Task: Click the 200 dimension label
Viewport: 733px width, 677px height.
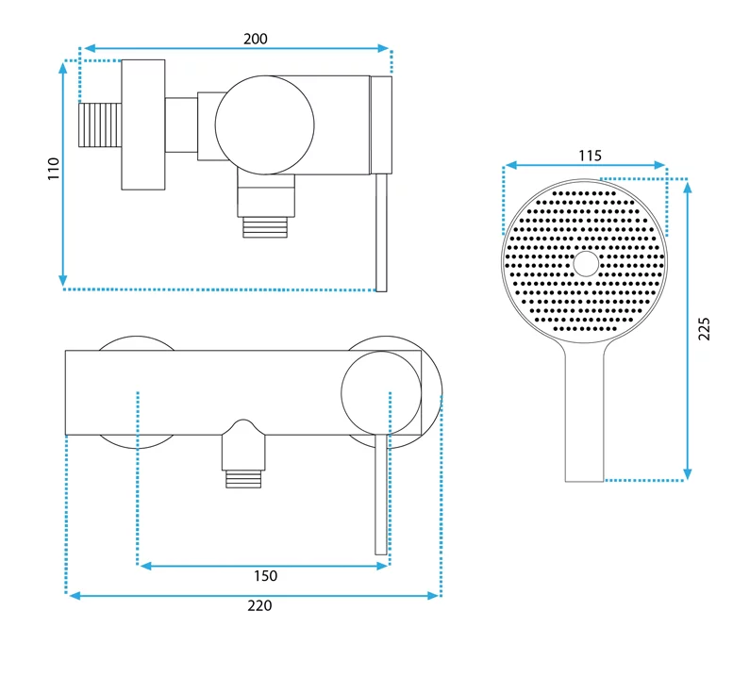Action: [x=256, y=39]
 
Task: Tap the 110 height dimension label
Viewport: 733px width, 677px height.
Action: [x=54, y=169]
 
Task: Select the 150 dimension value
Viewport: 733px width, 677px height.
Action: [x=265, y=575]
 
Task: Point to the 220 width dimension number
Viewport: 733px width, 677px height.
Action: [x=259, y=605]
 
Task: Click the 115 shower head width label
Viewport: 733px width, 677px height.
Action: [x=590, y=156]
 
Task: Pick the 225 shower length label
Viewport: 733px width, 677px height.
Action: [x=704, y=329]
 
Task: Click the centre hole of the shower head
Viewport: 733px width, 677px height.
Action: [x=586, y=264]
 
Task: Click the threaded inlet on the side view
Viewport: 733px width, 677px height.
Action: [x=100, y=125]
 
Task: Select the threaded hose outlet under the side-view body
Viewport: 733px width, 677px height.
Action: [x=265, y=228]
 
